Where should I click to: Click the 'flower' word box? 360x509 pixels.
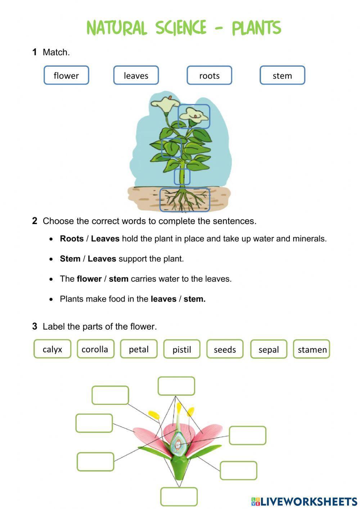coord(66,75)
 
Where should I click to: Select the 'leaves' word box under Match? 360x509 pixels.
coord(136,75)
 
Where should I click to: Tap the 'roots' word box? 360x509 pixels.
coord(209,75)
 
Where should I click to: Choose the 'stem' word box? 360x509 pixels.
coord(282,75)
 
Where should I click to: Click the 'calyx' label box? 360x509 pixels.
coord(52,349)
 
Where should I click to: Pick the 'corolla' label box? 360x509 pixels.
coord(95,349)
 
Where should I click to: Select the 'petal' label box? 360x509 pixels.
coord(139,349)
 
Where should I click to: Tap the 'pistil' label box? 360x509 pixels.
coord(182,349)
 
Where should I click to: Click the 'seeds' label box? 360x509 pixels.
coord(225,349)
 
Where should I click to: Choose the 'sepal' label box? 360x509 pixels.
coord(269,349)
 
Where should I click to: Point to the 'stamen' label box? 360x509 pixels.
coord(312,349)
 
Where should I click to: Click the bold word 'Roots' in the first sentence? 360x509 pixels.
coord(72,239)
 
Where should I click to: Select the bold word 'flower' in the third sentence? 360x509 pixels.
coord(89,279)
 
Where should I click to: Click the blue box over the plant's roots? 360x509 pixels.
coord(185,200)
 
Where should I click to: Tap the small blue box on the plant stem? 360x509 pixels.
coord(182,177)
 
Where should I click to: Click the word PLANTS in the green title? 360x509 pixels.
coord(256,28)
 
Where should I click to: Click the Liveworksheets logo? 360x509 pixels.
coord(304,501)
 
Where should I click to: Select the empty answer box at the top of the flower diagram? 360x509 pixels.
coord(176,386)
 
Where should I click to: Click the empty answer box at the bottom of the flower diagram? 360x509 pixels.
coord(179,497)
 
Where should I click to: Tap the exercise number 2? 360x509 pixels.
coord(35,221)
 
